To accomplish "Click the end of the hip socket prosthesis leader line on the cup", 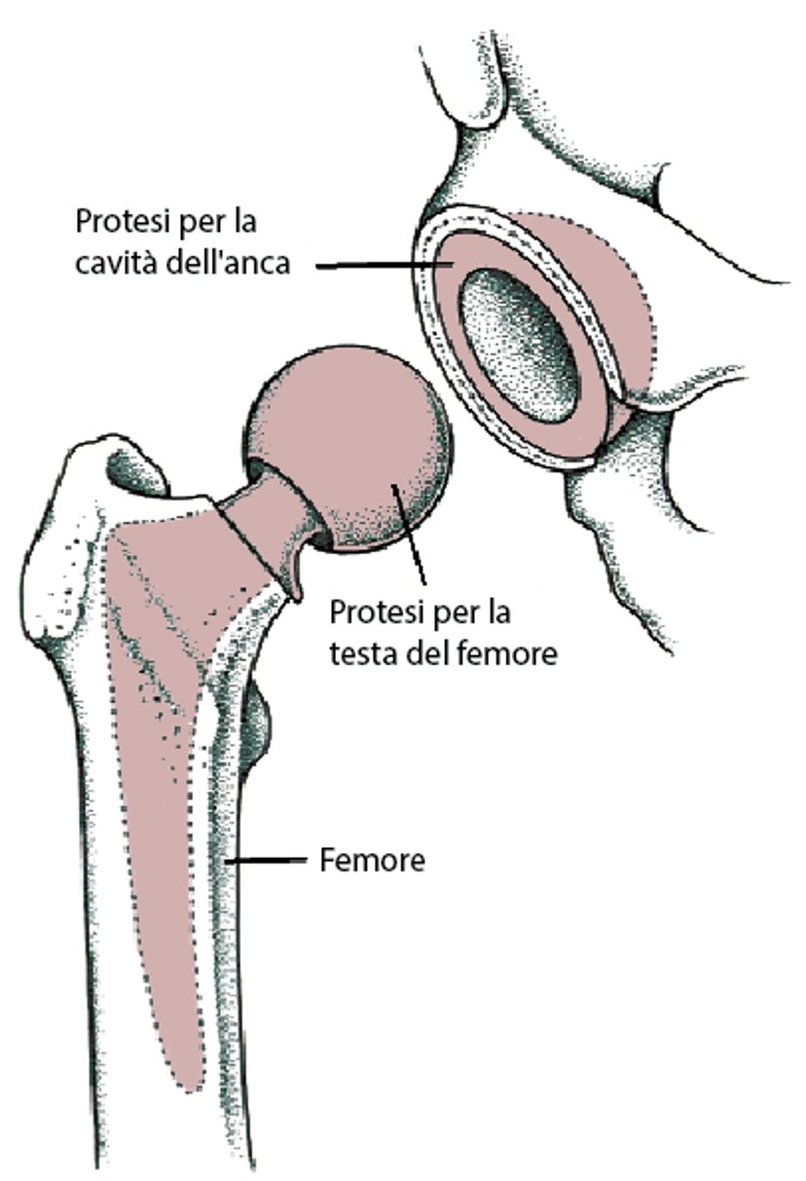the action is click(x=453, y=264).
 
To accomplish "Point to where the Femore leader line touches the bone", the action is click(x=227, y=861).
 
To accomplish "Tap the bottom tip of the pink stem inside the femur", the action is click(x=190, y=1088).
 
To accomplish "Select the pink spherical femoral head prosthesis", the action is click(x=348, y=449).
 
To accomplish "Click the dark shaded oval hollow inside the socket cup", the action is click(x=518, y=346).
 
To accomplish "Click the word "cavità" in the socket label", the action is click(x=117, y=262).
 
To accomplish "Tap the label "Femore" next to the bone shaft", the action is click(x=373, y=861).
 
